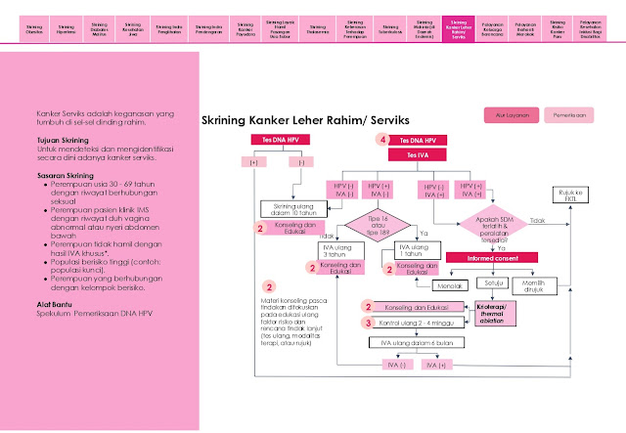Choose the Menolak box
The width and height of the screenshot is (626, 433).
pyautogui.click(x=449, y=285)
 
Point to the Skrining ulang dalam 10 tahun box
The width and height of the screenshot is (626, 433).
pyautogui.click(x=291, y=208)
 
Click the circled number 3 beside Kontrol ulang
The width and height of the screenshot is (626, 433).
pyautogui.click(x=369, y=322)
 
